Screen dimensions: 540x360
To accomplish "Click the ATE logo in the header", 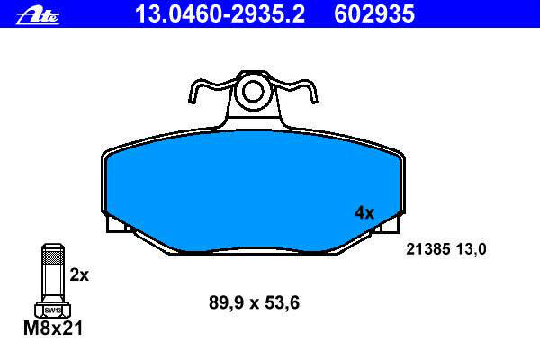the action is [38, 16].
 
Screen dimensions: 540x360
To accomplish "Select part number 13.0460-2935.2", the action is [220, 14].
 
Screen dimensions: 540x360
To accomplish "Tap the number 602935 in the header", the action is [374, 14].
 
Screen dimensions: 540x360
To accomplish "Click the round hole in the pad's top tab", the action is [253, 92].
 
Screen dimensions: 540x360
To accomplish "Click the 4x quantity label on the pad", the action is [364, 213].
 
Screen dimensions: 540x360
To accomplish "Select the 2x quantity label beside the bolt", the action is [79, 274].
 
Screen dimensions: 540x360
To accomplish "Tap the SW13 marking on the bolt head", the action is [53, 310].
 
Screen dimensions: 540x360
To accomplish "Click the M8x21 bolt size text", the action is [53, 328].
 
